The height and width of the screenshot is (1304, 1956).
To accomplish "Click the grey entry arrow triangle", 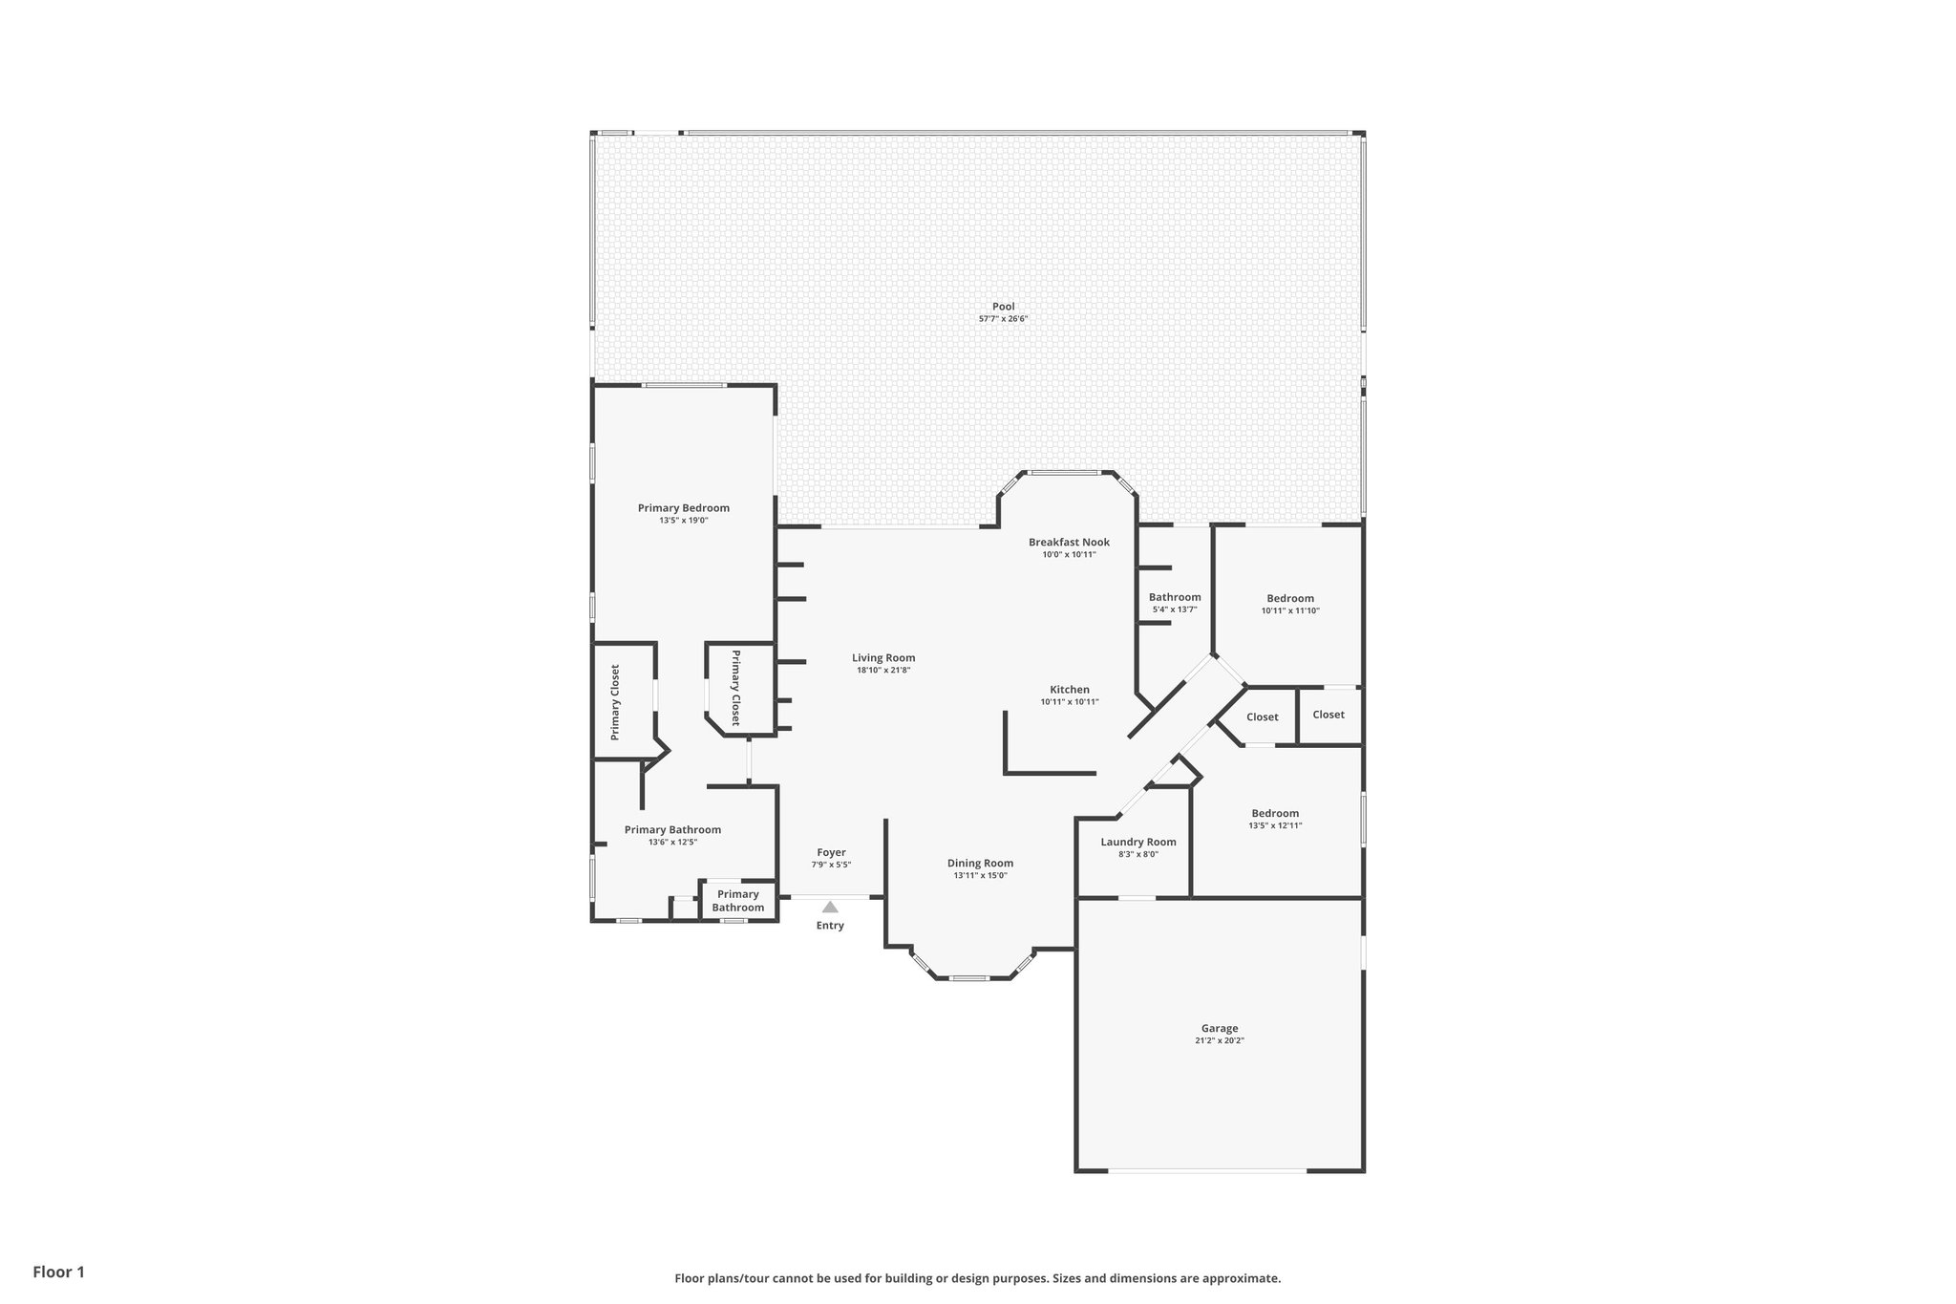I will click(830, 907).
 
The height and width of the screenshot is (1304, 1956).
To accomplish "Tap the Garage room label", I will click(1220, 1028).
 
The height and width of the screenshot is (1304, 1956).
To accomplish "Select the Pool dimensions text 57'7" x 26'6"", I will click(1003, 319).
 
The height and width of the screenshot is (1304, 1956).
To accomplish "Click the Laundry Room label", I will click(1137, 842).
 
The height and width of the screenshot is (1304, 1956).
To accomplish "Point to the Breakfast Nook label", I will click(1069, 542).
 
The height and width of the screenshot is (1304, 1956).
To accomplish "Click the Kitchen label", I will click(1069, 689).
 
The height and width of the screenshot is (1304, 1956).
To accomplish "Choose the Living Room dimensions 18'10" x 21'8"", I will click(883, 671).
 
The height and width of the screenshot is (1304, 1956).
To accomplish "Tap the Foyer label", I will click(831, 852).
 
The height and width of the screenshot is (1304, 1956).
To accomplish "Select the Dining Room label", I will click(980, 863).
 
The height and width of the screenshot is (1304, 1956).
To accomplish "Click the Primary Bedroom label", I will click(683, 507).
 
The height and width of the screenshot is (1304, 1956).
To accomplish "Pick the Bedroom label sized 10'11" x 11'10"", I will click(1289, 598).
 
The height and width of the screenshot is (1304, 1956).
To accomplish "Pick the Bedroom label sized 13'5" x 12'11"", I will click(1274, 813).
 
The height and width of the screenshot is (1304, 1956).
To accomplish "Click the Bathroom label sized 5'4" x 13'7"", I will click(1174, 597).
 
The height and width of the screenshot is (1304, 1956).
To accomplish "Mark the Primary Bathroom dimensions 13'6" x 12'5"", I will click(672, 843).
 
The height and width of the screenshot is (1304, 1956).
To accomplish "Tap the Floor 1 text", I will click(58, 1272).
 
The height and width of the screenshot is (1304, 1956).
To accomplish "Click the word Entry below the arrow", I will click(830, 926).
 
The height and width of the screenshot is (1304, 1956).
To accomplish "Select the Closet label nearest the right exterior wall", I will click(1328, 715).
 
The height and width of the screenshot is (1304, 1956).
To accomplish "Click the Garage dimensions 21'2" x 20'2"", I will click(1220, 1041).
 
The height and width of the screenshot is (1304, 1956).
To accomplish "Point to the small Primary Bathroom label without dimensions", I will click(737, 901).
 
